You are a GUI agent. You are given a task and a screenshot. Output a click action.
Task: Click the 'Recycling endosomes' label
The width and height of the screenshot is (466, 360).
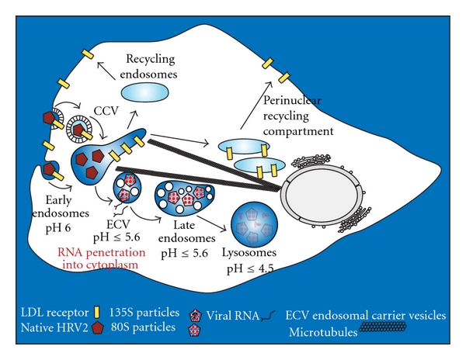[147, 67]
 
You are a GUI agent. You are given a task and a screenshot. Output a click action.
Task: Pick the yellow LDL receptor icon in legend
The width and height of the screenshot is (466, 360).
[99, 312]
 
